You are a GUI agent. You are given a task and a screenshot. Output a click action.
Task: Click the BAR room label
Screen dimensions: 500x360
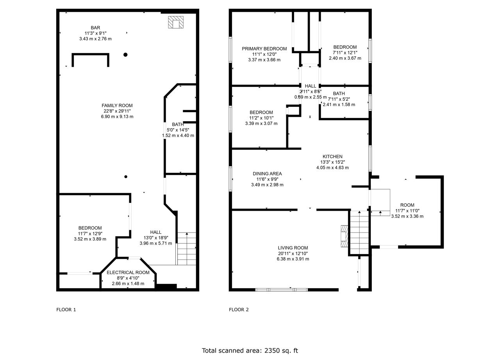click(95, 28)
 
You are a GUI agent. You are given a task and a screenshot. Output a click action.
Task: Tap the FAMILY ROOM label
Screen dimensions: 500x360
click(117, 106)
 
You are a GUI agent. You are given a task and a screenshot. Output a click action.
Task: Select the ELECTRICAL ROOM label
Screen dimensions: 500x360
click(128, 272)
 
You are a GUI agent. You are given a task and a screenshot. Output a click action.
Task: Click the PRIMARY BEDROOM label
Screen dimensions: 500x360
click(264, 49)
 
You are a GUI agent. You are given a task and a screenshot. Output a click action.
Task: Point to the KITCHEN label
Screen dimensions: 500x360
click(332, 157)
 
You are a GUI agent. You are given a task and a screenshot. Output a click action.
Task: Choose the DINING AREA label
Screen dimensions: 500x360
click(267, 174)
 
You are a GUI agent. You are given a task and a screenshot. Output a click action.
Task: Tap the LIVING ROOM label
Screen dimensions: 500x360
click(293, 248)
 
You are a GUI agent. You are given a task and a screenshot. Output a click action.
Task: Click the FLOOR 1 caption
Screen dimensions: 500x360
click(66, 310)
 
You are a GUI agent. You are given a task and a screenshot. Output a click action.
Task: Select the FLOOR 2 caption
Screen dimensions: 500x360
click(239, 310)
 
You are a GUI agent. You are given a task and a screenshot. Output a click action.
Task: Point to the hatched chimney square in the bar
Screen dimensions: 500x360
click(176, 22)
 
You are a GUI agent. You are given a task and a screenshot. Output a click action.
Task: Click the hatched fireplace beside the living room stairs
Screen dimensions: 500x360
click(344, 236)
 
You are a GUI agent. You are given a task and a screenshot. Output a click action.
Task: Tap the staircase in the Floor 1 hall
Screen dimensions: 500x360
click(187, 249)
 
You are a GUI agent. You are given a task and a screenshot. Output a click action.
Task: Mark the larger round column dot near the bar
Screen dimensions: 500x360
click(125, 54)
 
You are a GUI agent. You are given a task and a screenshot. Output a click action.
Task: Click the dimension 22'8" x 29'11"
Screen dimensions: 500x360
click(117, 111)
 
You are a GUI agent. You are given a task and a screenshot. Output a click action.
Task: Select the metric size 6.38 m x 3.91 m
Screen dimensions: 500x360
click(293, 259)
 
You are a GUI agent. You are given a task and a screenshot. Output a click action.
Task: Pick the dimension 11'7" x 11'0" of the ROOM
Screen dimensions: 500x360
click(407, 211)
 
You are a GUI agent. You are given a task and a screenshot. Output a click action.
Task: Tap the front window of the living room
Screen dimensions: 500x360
click(282, 290)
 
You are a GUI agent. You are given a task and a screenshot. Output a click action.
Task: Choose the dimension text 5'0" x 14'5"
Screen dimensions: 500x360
click(178, 130)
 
